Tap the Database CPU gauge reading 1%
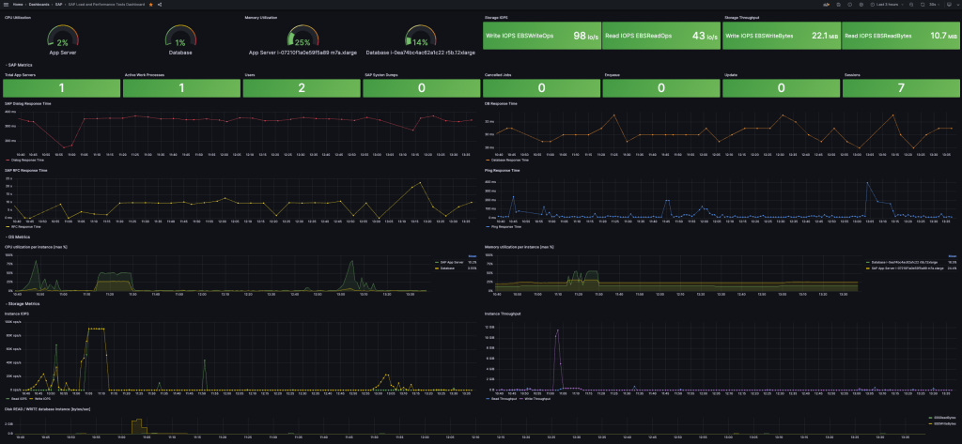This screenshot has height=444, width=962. [x=180, y=38]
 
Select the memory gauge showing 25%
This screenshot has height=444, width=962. [x=302, y=38]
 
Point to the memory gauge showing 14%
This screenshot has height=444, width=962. [x=420, y=38]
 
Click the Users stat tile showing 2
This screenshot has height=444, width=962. [x=302, y=87]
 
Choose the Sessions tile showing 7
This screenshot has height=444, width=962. [x=901, y=87]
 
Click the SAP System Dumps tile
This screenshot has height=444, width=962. [x=422, y=87]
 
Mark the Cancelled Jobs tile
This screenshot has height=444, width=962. [x=541, y=87]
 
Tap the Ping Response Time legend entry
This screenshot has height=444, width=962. [x=508, y=226]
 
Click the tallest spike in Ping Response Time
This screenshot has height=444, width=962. [x=867, y=183]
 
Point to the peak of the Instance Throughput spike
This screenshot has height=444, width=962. [x=558, y=330]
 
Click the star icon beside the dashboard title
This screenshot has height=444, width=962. [x=151, y=5]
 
